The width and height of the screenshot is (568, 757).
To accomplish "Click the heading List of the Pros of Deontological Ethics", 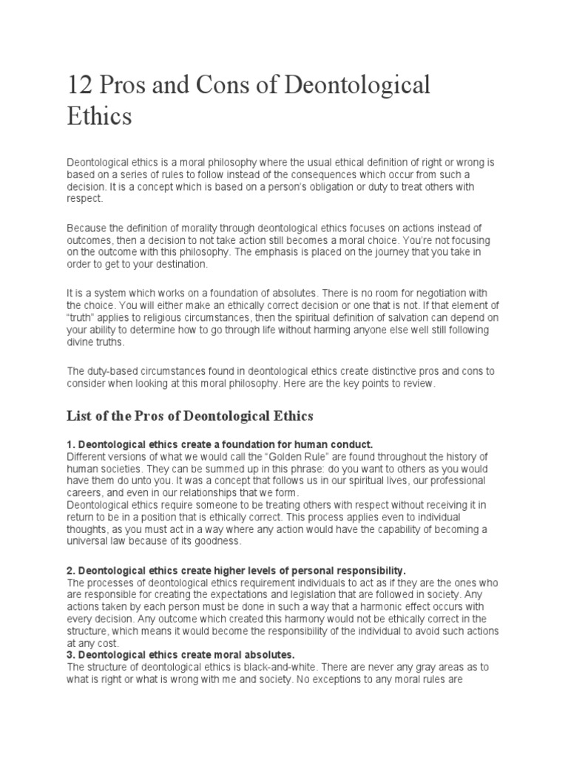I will click(x=190, y=416).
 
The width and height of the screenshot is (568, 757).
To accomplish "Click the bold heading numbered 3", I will click(x=180, y=655).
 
